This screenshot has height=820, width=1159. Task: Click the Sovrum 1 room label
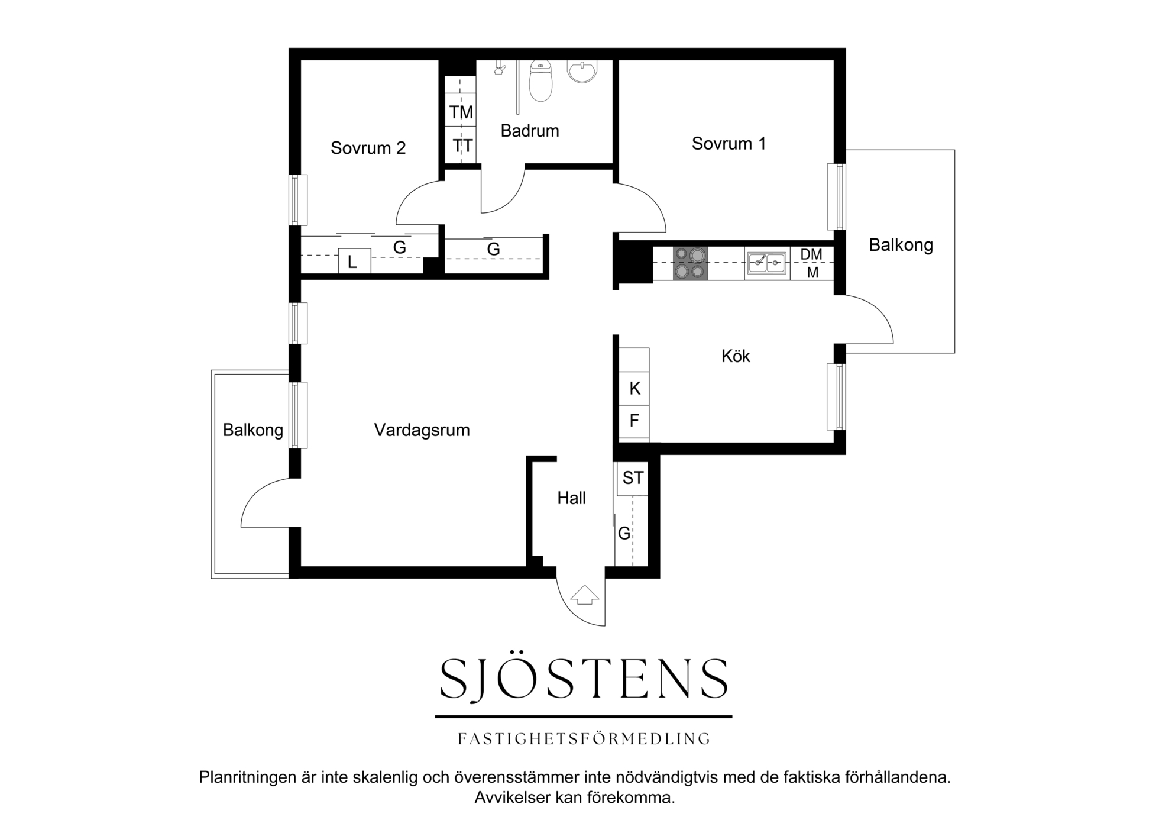[729, 144]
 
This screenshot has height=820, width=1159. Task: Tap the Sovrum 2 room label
[368, 148]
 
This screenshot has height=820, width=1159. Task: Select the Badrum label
[530, 131]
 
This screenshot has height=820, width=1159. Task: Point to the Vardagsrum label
[422, 430]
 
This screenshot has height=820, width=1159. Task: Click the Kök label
[736, 356]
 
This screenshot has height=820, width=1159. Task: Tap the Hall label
[571, 498]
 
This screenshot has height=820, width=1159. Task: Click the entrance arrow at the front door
[584, 595]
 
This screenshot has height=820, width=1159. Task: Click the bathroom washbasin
[582, 71]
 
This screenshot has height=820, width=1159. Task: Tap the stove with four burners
[690, 263]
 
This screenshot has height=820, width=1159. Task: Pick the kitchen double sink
[767, 263]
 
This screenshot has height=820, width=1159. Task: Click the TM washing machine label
[461, 112]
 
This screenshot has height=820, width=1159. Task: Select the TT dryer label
[462, 146]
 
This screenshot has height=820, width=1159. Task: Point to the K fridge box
[634, 388]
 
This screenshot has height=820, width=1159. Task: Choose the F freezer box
[634, 421]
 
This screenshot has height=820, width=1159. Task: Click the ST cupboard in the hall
[633, 478]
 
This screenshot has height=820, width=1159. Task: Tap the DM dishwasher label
[811, 254]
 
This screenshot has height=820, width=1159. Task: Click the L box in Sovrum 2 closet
[354, 262]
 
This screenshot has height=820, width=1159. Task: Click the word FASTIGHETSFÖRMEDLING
[584, 739]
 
